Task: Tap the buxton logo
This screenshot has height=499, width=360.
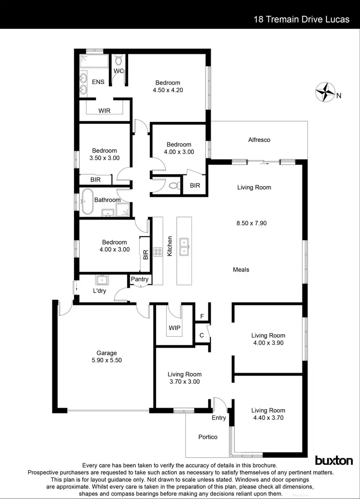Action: (x=334, y=461)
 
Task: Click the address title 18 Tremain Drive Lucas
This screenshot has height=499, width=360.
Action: (x=301, y=20)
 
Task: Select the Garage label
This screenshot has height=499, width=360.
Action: (x=106, y=353)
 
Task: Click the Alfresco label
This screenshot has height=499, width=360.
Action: (x=259, y=140)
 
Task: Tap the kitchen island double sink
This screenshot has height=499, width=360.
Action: (x=184, y=247)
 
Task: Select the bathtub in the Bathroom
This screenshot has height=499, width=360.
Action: (x=87, y=200)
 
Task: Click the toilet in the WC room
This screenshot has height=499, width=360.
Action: (x=119, y=60)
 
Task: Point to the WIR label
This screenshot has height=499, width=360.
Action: (x=105, y=110)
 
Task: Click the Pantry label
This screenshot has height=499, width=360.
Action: (x=140, y=279)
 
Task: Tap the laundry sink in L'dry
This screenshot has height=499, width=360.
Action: (x=101, y=280)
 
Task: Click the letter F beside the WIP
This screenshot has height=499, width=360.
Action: (x=202, y=317)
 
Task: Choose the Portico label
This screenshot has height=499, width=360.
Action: (x=208, y=437)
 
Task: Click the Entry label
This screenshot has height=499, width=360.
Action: (x=219, y=418)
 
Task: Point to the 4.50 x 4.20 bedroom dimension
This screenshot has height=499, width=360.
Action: (x=168, y=90)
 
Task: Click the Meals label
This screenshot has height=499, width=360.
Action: (x=241, y=269)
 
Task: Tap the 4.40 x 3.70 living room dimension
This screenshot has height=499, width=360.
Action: (x=268, y=418)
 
